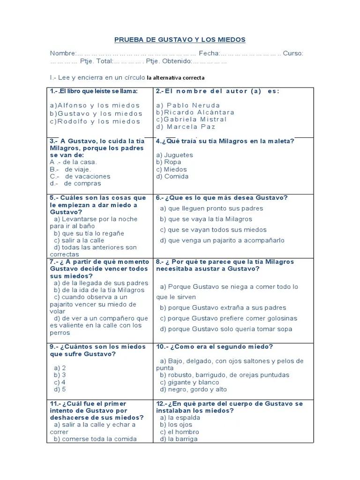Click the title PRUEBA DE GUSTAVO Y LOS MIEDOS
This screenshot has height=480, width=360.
point(180,40)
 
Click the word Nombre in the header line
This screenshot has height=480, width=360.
point(63,53)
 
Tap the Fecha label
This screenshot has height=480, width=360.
point(209,53)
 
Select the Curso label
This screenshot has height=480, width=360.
point(293,53)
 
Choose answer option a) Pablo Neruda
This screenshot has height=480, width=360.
point(188,105)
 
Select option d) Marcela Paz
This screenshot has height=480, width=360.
point(186,127)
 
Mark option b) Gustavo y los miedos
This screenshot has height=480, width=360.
point(96,113)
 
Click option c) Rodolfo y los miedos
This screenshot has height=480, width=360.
point(95,121)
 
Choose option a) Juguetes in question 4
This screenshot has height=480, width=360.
point(174,155)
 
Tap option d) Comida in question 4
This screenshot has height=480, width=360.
point(172,177)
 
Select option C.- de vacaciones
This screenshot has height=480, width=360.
point(80,177)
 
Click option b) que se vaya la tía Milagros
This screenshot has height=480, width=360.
point(206,219)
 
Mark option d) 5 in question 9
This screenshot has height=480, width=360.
point(60,390)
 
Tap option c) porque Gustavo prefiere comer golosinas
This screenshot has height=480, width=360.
point(228,319)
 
